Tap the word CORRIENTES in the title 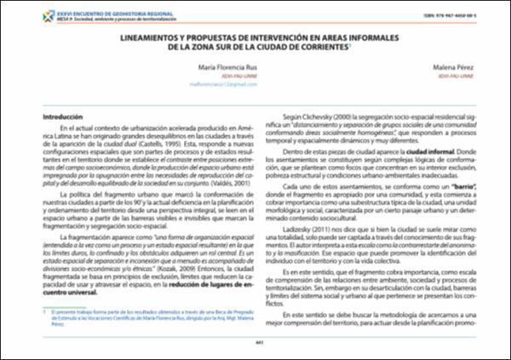[324, 49]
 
